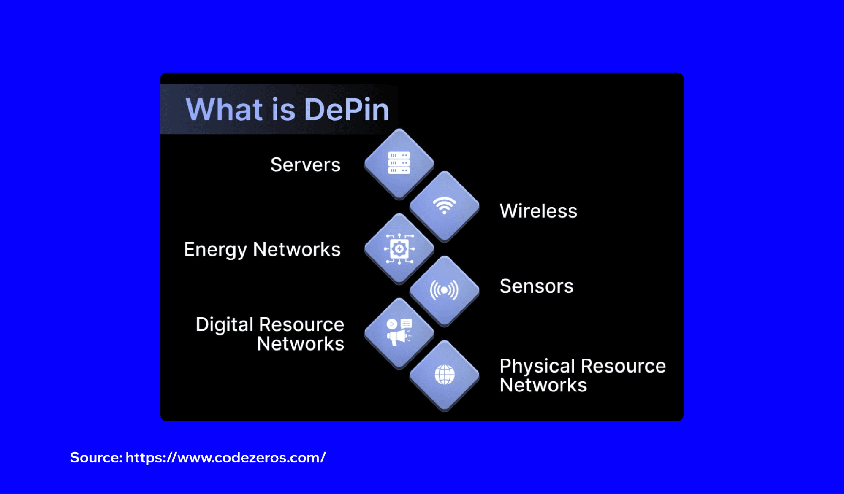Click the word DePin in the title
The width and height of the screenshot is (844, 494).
pyautogui.click(x=346, y=110)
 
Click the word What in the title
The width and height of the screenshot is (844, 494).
pyautogui.click(x=224, y=110)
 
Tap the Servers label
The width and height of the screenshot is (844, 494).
pyautogui.click(x=305, y=165)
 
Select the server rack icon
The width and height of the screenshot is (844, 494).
pyautogui.click(x=399, y=163)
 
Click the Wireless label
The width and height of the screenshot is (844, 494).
pyautogui.click(x=538, y=211)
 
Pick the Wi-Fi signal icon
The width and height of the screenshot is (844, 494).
pyautogui.click(x=445, y=205)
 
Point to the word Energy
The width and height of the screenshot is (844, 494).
pyautogui.click(x=215, y=250)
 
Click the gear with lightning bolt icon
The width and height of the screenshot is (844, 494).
pyautogui.click(x=399, y=249)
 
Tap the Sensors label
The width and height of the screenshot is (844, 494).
pyautogui.click(x=537, y=286)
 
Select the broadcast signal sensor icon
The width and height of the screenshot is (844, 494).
pyautogui.click(x=444, y=290)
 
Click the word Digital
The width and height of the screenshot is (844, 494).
pyautogui.click(x=224, y=325)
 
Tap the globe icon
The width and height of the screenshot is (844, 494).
pyautogui.click(x=445, y=375)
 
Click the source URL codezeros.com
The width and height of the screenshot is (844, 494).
pyautogui.click(x=225, y=458)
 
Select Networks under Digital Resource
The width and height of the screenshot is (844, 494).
pyautogui.click(x=301, y=344)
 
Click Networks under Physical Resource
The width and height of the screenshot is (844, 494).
pyautogui.click(x=543, y=385)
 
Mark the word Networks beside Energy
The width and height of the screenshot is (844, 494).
pyautogui.click(x=297, y=249)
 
